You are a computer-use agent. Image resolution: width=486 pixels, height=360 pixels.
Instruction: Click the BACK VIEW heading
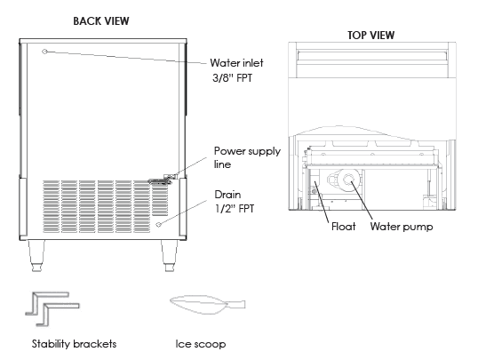point(100,19)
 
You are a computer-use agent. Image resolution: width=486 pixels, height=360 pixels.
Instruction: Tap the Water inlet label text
point(237,63)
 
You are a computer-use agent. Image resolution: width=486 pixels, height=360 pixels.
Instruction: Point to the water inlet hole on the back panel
point(46,52)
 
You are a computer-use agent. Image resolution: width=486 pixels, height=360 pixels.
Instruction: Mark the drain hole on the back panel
point(158,225)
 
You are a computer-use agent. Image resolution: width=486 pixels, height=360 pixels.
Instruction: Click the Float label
point(343,227)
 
